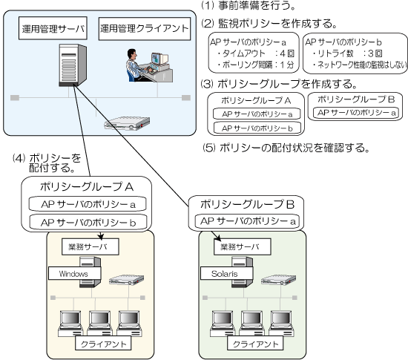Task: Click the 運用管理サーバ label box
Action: click(x=53, y=28)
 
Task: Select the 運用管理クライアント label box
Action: click(x=145, y=29)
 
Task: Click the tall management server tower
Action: click(x=73, y=65)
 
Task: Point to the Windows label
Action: click(x=74, y=273)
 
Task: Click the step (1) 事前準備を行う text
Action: click(x=249, y=5)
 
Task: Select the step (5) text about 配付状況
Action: click(x=286, y=148)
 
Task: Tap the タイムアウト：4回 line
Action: click(x=256, y=53)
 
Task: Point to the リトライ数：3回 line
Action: click(x=347, y=53)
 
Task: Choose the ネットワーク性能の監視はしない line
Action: click(x=359, y=65)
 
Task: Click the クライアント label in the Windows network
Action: click(x=103, y=344)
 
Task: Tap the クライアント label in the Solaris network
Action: click(x=255, y=344)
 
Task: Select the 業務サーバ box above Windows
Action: click(x=91, y=246)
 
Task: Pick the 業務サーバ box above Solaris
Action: click(x=243, y=246)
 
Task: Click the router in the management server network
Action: click(x=127, y=123)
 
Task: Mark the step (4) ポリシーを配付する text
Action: click(x=47, y=163)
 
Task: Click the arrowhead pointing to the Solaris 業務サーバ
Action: click(x=218, y=238)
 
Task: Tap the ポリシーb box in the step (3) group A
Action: click(x=257, y=128)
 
